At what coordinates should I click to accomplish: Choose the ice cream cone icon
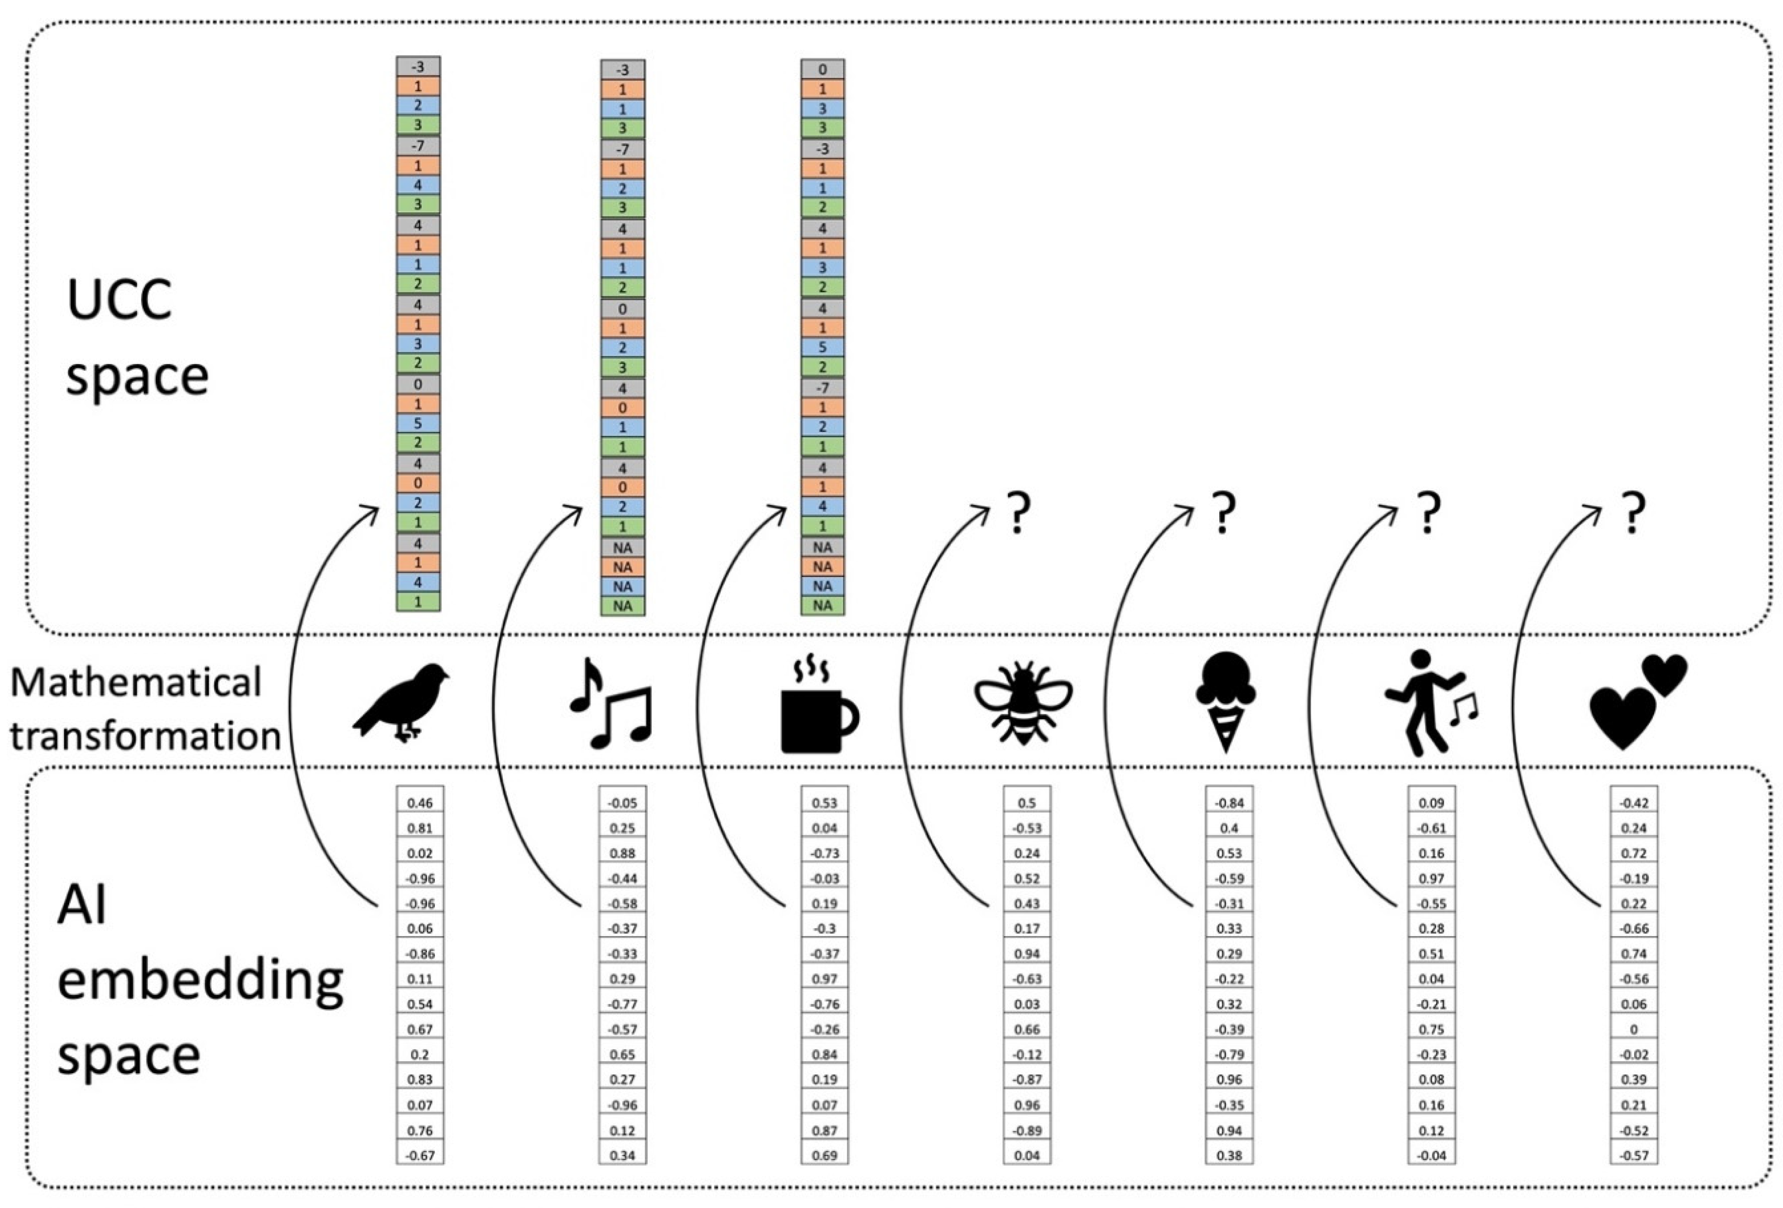tap(1225, 702)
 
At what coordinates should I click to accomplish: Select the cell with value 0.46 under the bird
tap(420, 803)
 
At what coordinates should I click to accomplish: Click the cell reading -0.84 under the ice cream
tap(1229, 803)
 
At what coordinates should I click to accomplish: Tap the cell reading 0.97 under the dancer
tap(1432, 878)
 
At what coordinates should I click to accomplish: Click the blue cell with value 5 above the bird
tap(418, 423)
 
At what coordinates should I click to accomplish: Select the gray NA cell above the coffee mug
tap(822, 547)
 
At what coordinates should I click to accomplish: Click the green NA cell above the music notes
tap(622, 606)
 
